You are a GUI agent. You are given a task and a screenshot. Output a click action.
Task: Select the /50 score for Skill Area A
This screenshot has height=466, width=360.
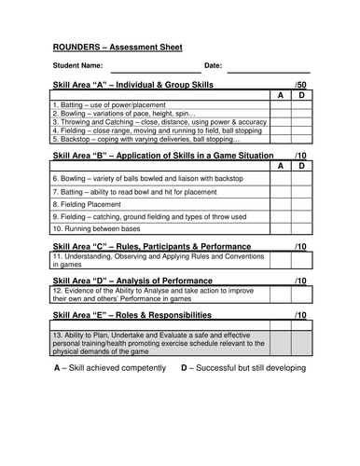click(298, 85)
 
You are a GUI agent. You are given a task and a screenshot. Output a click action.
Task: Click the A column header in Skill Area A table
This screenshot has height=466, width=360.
click(279, 95)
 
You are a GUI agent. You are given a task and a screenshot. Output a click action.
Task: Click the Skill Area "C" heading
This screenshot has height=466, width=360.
click(158, 246)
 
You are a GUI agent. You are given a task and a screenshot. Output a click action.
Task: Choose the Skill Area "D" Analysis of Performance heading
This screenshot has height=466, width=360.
click(139, 281)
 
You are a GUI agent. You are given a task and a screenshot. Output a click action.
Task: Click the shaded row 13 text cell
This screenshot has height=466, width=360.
click(159, 340)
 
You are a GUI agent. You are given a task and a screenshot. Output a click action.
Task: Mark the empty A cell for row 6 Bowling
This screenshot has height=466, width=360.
click(279, 177)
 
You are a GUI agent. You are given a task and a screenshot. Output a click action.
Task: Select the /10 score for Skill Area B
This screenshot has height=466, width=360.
click(298, 155)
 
